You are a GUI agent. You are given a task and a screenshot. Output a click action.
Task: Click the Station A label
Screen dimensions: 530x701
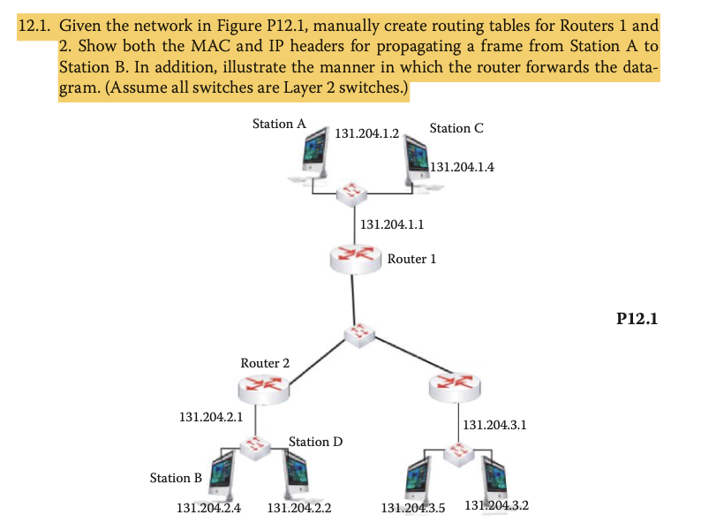pos(279,124)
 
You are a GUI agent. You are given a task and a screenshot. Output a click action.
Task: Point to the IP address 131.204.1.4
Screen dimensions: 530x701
pos(464,166)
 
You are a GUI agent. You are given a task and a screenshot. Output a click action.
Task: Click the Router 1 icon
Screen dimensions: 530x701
pos(353,257)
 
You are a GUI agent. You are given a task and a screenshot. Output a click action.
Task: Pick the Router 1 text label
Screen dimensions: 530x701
pos(411,259)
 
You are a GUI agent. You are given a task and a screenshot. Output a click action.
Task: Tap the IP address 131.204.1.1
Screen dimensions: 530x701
pos(393,224)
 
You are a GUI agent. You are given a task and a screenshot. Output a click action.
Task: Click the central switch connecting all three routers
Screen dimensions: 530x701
pos(358,334)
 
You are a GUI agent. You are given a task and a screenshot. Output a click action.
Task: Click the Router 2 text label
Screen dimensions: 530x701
pos(265,363)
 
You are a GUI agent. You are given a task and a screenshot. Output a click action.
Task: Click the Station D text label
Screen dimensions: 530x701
pos(315,441)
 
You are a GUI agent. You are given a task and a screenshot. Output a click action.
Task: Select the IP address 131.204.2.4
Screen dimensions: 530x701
pos(209,508)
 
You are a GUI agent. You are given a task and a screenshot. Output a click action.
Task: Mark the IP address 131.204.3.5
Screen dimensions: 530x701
pos(413,508)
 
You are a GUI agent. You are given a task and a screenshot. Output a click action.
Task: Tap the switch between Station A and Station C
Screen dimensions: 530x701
pos(353,190)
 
